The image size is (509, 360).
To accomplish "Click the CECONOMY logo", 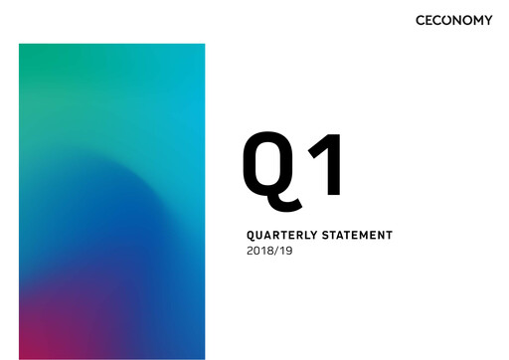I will tap(454, 20).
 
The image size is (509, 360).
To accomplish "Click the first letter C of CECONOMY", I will tap(422, 20).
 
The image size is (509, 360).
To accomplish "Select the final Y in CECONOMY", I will tap(487, 20).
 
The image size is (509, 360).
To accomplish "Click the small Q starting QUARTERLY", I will tap(250, 236).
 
